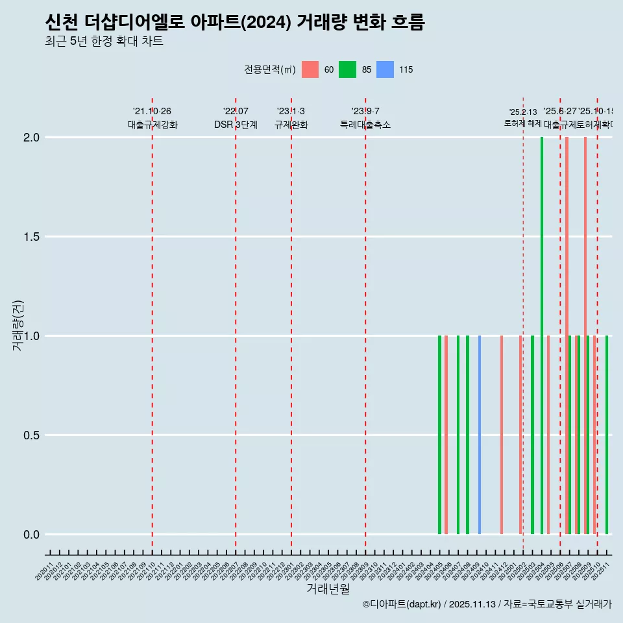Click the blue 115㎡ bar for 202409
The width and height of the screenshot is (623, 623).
pyautogui.click(x=480, y=435)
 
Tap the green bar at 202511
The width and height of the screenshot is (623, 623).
pyautogui.click(x=607, y=435)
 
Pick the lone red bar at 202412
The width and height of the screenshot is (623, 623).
pyautogui.click(x=502, y=435)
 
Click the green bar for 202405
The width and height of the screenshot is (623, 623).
pyautogui.click(x=439, y=435)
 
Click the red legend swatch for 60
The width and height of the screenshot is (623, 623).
pyautogui.click(x=310, y=69)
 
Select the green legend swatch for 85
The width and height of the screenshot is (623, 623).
pyautogui.click(x=348, y=69)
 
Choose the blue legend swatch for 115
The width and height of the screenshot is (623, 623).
pyautogui.click(x=385, y=69)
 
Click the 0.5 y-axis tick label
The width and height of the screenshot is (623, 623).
pyautogui.click(x=31, y=435)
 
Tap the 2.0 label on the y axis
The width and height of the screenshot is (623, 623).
pyautogui.click(x=31, y=138)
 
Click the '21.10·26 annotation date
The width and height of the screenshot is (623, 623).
pyautogui.click(x=152, y=112)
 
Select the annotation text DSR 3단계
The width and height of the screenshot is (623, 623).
pyautogui.click(x=236, y=125)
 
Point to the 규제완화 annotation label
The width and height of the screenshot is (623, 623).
pyautogui.click(x=291, y=125)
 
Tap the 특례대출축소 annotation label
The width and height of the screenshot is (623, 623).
pyautogui.click(x=365, y=125)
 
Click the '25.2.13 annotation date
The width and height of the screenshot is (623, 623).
pyautogui.click(x=523, y=112)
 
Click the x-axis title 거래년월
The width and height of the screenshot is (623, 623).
pyautogui.click(x=328, y=589)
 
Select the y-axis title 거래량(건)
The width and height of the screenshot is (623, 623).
pyautogui.click(x=18, y=326)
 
